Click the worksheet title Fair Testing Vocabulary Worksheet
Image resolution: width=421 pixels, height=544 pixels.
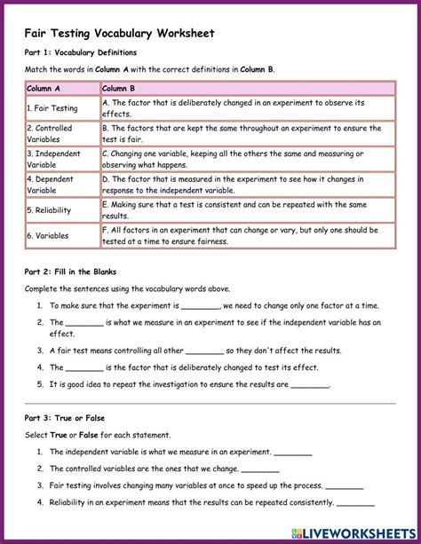coord(119,33)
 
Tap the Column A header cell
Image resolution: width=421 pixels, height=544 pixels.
coord(61,88)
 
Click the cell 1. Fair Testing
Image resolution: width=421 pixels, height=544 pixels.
coord(61,108)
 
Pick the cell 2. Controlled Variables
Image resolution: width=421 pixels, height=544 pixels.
coord(61,133)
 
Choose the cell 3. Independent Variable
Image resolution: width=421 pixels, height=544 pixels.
coord(61,159)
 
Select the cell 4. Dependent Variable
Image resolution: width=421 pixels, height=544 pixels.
coord(61,184)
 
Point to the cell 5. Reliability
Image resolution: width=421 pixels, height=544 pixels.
coord(61,209)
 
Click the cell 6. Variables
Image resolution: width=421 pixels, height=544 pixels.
coord(61,235)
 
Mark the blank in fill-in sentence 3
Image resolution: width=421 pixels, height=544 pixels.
coord(205,351)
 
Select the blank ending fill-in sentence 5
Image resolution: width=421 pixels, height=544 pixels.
coord(310,386)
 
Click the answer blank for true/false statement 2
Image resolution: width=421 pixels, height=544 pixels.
coord(260,469)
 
